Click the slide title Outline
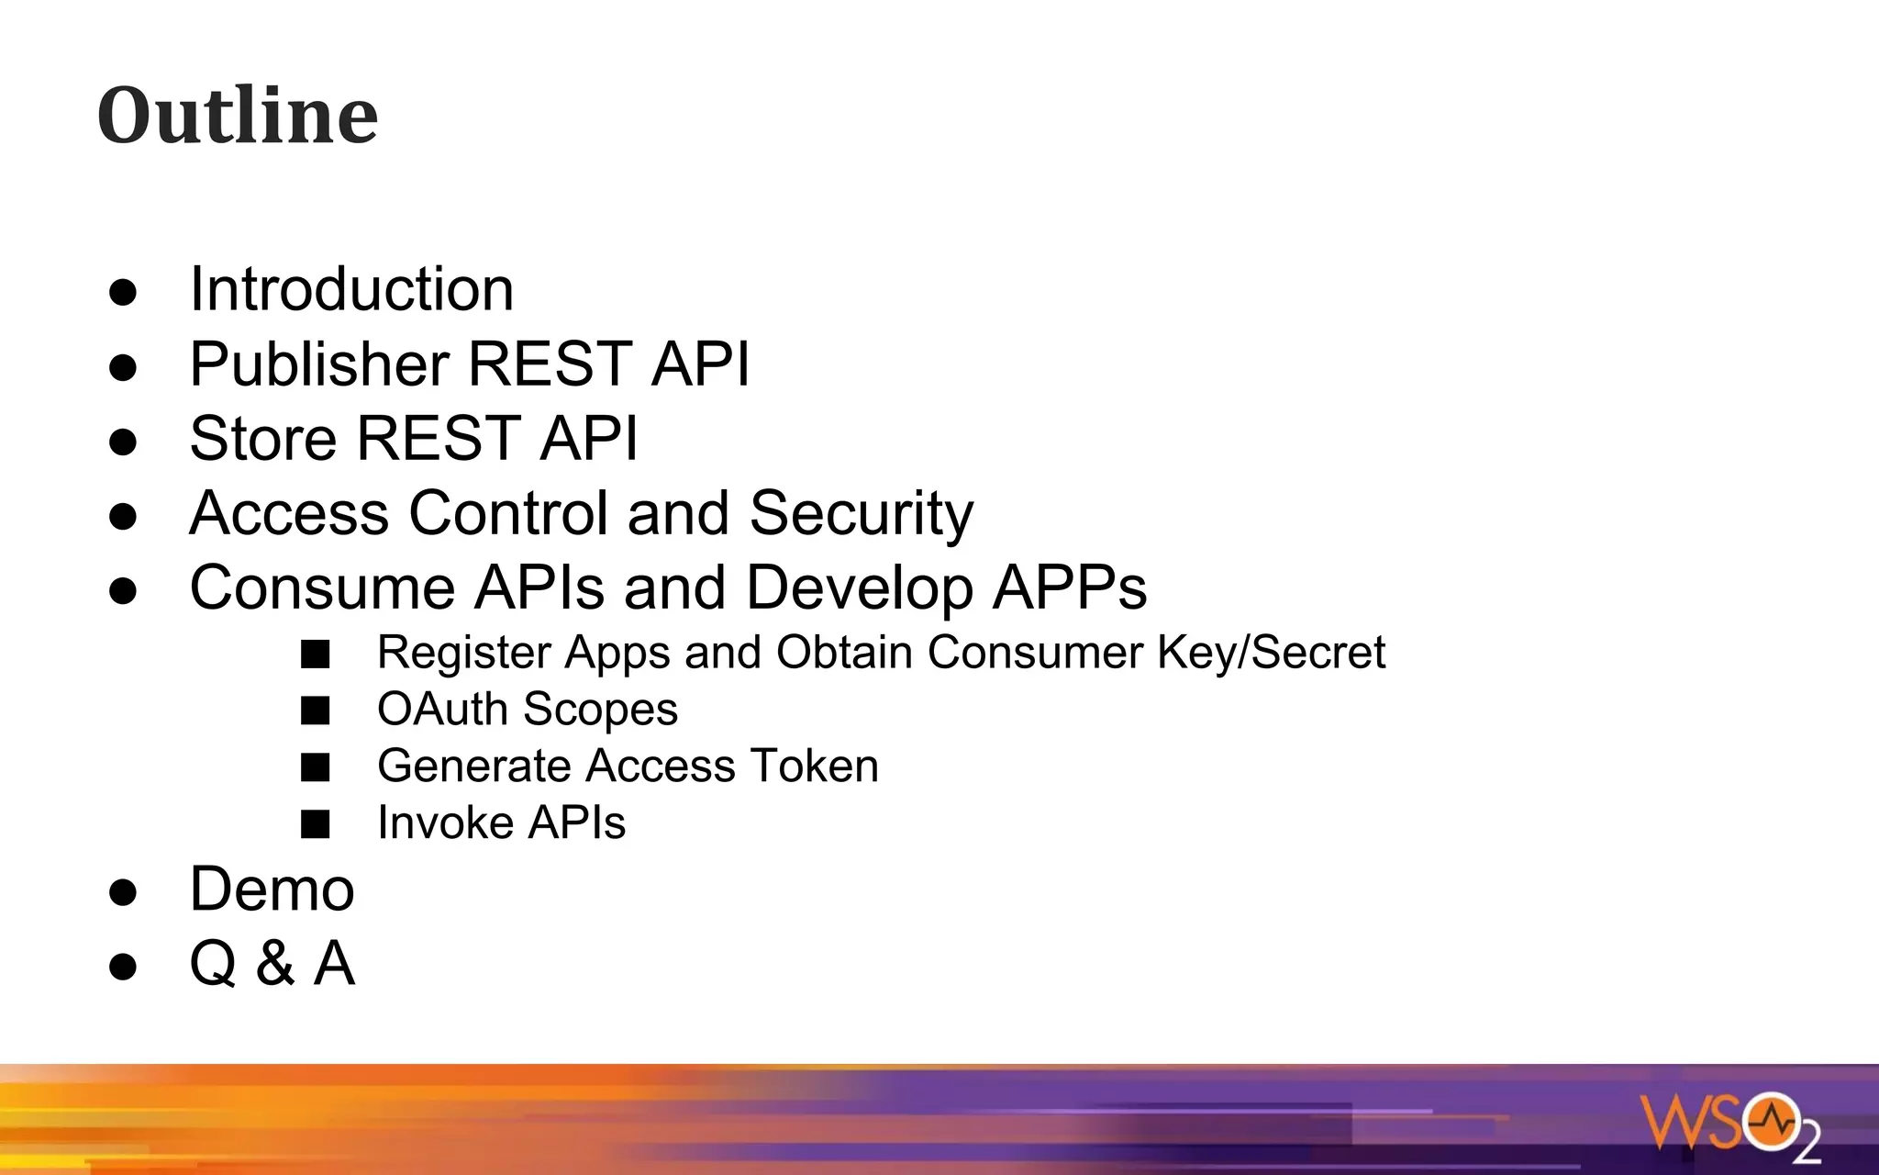[237, 116]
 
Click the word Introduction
[351, 289]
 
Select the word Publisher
[318, 364]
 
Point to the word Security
[861, 513]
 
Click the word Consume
[322, 587]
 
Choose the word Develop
[859, 587]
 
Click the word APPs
[1070, 587]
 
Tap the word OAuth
[442, 710]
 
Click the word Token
[814, 767]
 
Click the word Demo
[272, 890]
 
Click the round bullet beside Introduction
[123, 293]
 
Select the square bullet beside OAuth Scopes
[316, 711]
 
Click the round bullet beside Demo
[123, 892]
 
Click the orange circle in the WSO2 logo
[1771, 1120]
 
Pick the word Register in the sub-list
[464, 653]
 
